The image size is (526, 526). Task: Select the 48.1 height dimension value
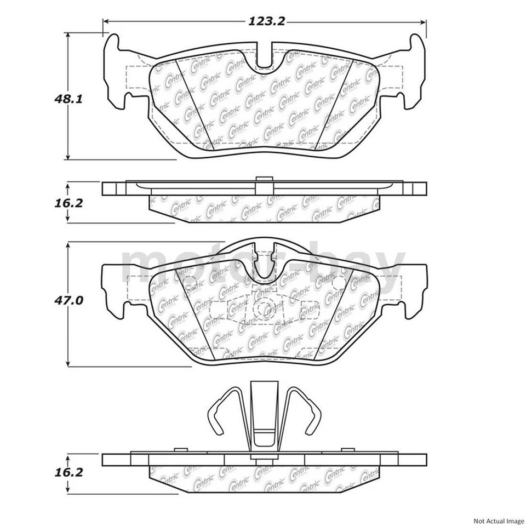[68, 99]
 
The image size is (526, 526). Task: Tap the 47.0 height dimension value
[68, 300]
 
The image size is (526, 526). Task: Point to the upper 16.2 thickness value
[68, 203]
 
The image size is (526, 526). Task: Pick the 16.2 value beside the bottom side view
[68, 472]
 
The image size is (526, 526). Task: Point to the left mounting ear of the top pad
[115, 71]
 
